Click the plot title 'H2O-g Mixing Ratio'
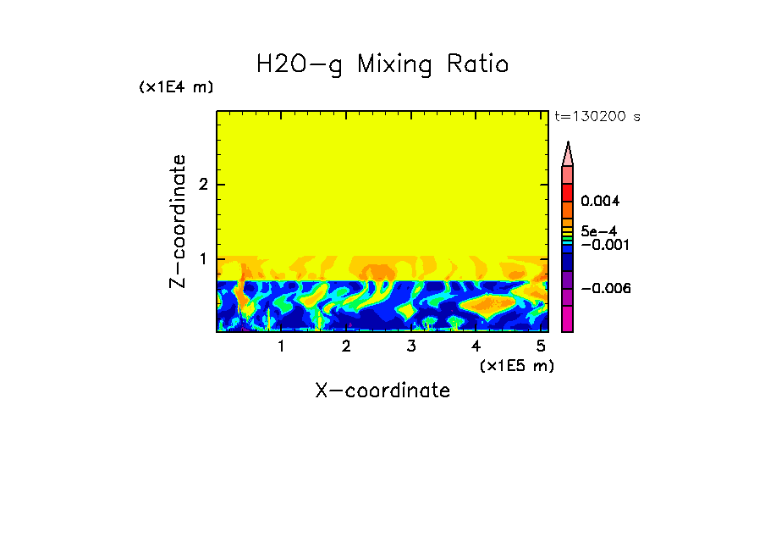click(x=382, y=64)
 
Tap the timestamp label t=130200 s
click(x=597, y=117)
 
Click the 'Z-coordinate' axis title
click(x=178, y=221)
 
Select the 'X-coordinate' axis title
click(x=382, y=391)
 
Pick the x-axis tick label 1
click(x=281, y=346)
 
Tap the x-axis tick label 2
click(x=346, y=346)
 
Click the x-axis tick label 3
click(x=411, y=346)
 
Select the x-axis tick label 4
click(x=476, y=346)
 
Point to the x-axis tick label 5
click(x=541, y=346)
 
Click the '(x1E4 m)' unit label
click(x=176, y=87)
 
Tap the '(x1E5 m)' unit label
click(x=516, y=365)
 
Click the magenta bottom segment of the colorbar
click(x=568, y=319)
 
